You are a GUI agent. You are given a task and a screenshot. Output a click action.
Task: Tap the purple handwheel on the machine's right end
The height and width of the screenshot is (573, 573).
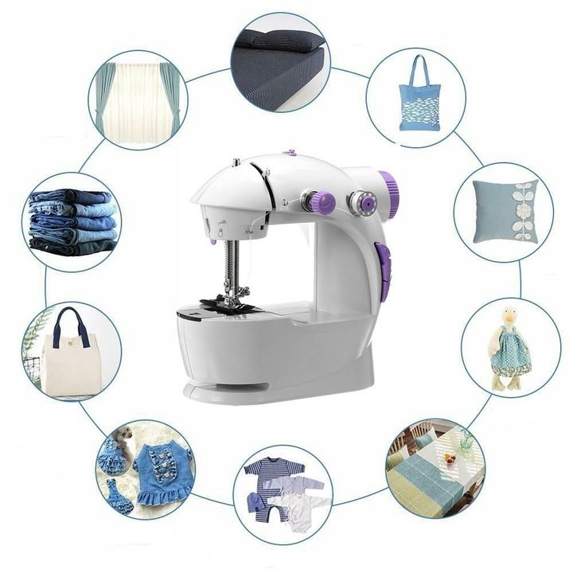pos(392,190)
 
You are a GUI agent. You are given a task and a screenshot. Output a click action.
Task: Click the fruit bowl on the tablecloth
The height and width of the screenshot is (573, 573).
pos(452,458)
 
